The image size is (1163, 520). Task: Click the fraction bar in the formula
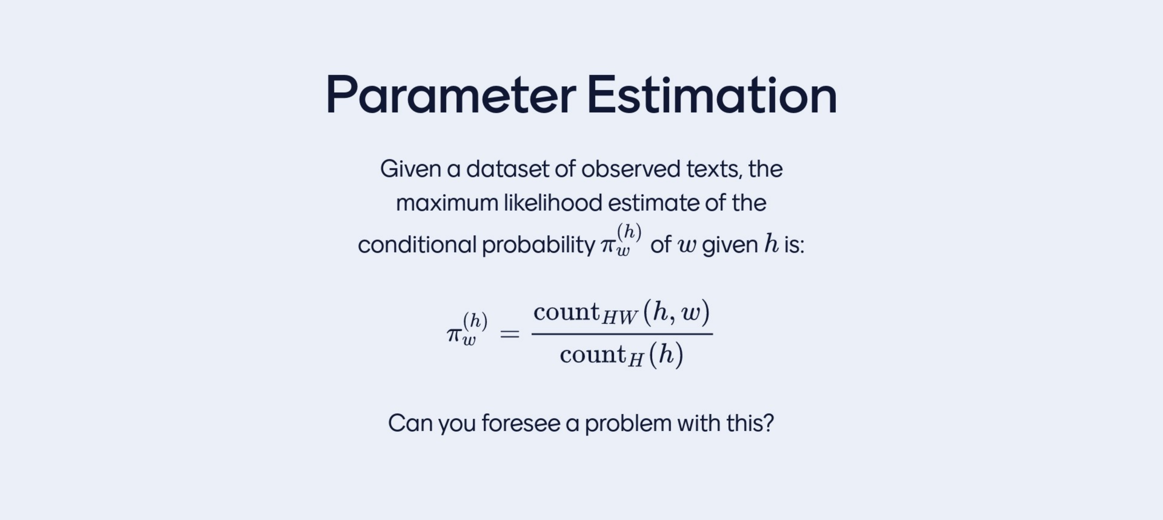click(x=622, y=334)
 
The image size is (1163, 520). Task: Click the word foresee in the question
click(x=520, y=423)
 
